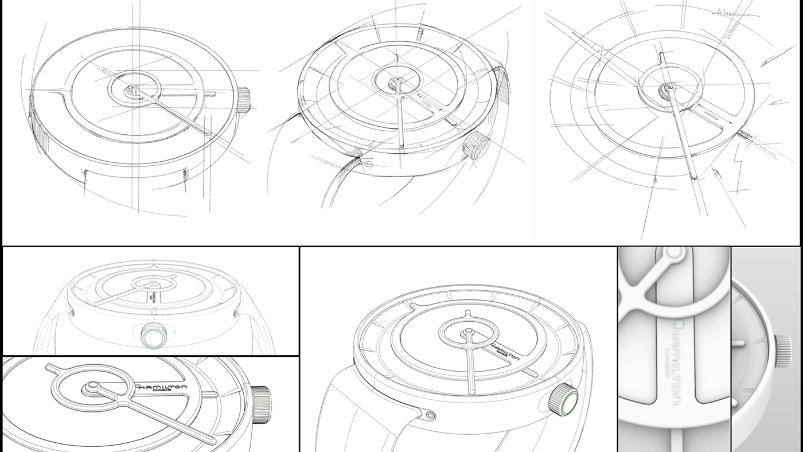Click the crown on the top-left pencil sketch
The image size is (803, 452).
pos(243,99)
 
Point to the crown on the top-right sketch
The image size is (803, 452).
pos(745,135)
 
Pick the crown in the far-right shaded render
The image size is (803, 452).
pos(784,350)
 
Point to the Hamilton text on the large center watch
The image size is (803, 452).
pos(505,352)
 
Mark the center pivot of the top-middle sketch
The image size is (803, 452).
pos(396,81)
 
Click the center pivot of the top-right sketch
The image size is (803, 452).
pos(668,88)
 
